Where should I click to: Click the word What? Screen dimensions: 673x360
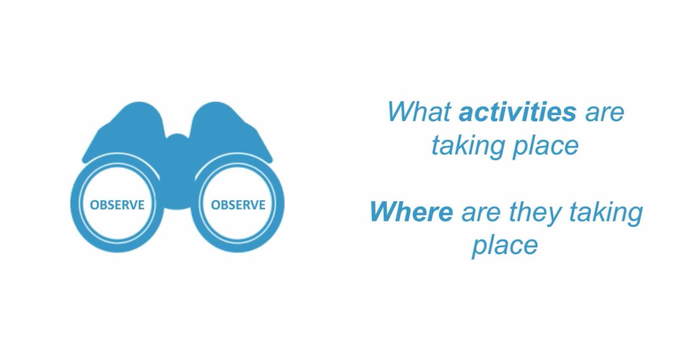coord(419,112)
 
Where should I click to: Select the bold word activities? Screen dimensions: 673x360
coord(518,112)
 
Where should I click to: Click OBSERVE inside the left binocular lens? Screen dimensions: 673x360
coord(117,205)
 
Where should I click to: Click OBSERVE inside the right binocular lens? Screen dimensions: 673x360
coord(238,205)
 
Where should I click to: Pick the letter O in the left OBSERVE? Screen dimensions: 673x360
coord(94,205)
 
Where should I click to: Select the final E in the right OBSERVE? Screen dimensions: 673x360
coord(262,205)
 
